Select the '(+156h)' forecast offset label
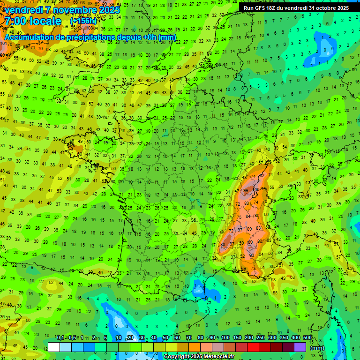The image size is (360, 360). [83, 21]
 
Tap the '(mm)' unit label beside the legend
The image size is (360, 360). [317, 348]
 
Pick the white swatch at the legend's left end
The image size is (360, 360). [54, 347]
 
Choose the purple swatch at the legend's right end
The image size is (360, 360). [300, 347]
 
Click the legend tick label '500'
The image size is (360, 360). [307, 337]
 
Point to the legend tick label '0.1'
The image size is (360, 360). [60, 337]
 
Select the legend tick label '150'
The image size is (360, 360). [237, 337]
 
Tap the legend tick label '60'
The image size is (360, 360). [177, 337]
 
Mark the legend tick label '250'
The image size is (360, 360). [261, 337]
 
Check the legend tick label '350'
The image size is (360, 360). [284, 337]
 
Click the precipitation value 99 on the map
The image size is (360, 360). [246, 191]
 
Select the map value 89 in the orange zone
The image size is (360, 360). [249, 228]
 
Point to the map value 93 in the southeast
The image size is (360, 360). [252, 255]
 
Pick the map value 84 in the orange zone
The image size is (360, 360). [247, 216]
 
